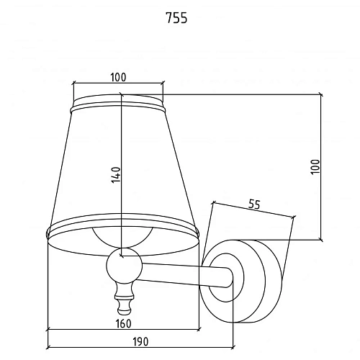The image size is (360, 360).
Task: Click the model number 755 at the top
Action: click(176, 18)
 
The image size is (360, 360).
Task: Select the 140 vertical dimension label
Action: click(116, 174)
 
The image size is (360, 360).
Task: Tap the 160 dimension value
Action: click(124, 323)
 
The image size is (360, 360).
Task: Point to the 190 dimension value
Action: click(140, 341)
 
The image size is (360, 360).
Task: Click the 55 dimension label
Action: click(254, 204)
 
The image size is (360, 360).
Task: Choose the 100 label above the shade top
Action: click(118, 77)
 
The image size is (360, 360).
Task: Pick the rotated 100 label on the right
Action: click(315, 166)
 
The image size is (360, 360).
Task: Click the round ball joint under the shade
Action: click(124, 266)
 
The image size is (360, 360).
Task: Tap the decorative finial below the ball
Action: click(125, 298)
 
